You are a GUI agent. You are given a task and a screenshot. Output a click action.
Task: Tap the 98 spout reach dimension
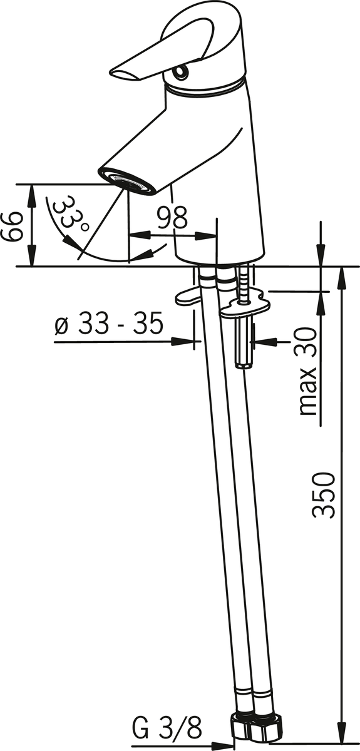point(173,218)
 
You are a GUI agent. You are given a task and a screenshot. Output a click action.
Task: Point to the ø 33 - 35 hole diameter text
point(109,323)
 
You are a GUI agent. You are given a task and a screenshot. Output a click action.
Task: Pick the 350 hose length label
point(324,496)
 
